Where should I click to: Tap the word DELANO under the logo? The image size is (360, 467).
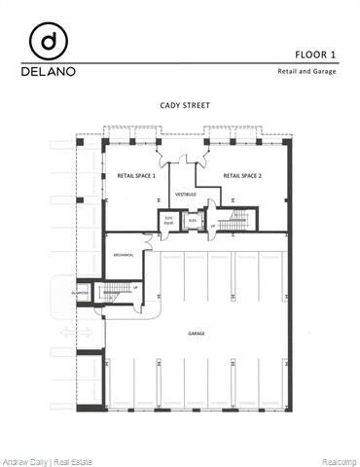point(48,71)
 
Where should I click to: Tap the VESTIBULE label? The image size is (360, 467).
point(185,194)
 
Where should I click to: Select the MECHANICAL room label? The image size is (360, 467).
point(123,255)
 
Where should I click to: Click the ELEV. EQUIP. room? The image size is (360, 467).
point(167,220)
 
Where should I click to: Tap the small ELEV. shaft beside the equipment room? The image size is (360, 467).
point(191,221)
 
